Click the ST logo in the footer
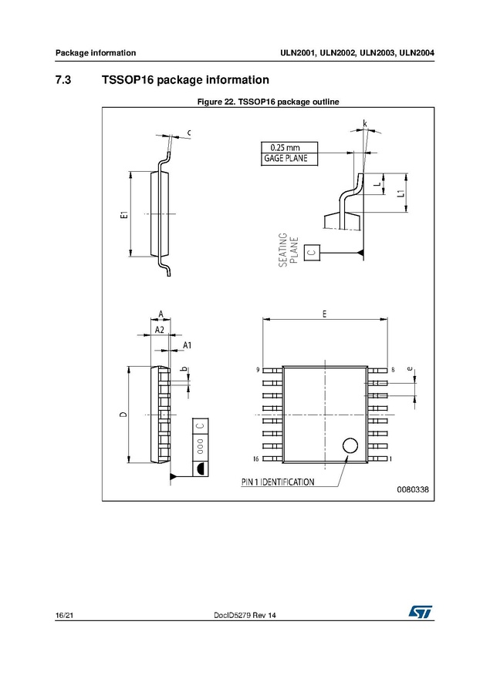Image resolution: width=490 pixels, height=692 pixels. (421, 612)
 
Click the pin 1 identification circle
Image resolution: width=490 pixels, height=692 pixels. (350, 445)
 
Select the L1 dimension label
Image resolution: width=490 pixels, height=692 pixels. (400, 193)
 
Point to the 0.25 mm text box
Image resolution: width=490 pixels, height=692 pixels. (289, 148)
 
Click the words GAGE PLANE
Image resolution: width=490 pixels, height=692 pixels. (286, 159)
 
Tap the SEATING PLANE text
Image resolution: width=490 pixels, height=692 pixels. (288, 250)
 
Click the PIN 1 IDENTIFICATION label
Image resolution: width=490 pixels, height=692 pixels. (278, 482)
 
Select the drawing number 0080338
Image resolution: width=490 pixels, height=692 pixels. (413, 489)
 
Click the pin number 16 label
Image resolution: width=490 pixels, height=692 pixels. (256, 459)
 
